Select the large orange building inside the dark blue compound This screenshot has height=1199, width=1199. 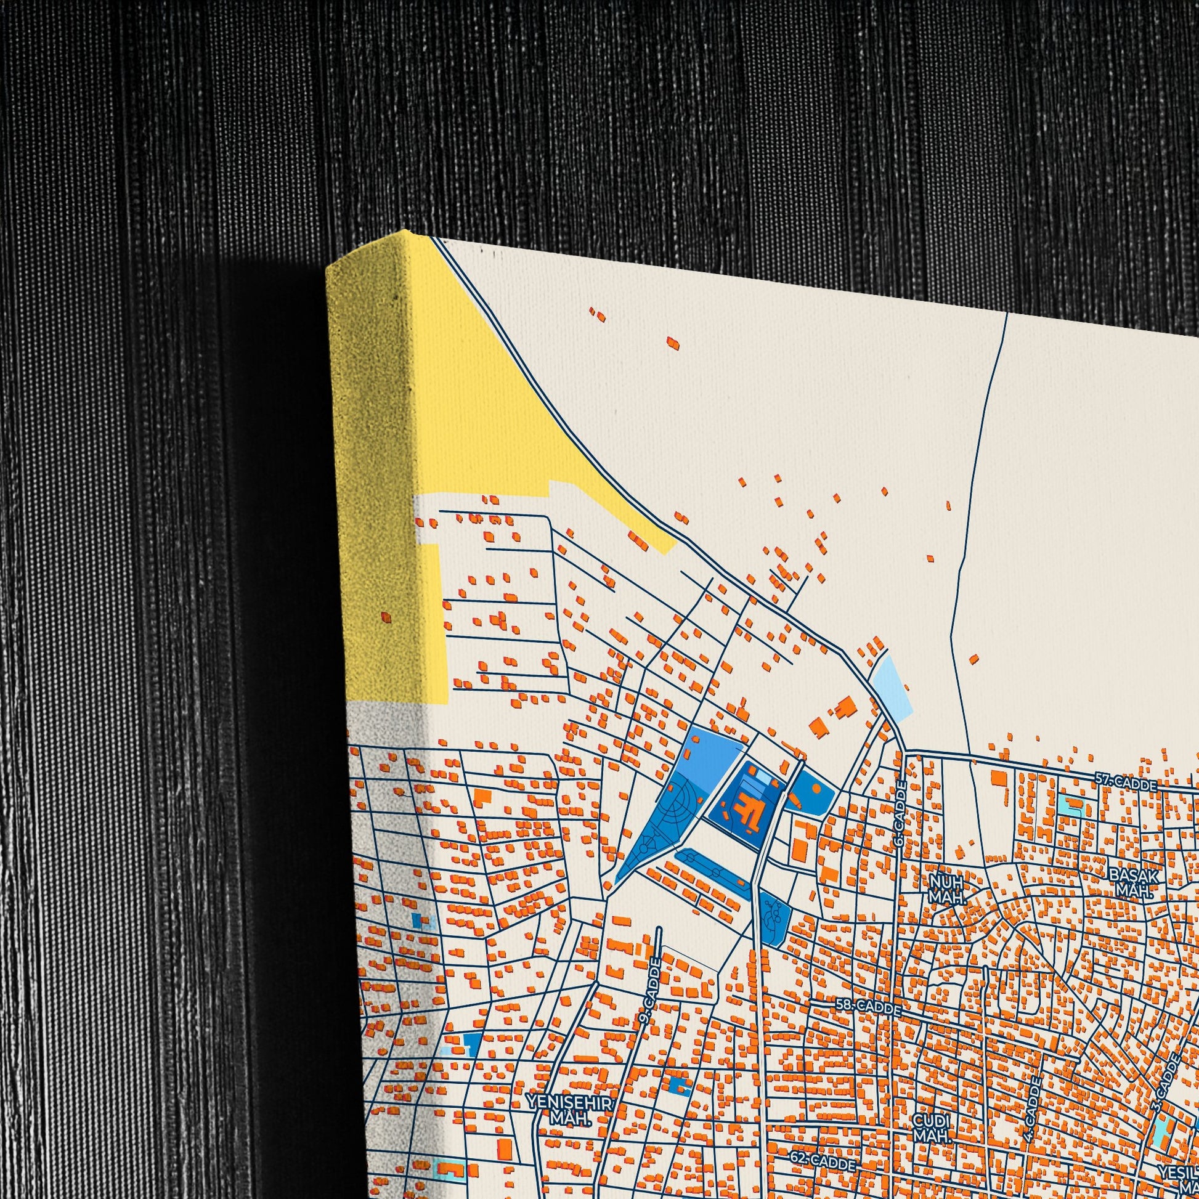pyautogui.click(x=746, y=810)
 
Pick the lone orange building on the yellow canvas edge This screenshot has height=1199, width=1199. pyautogui.click(x=386, y=617)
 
